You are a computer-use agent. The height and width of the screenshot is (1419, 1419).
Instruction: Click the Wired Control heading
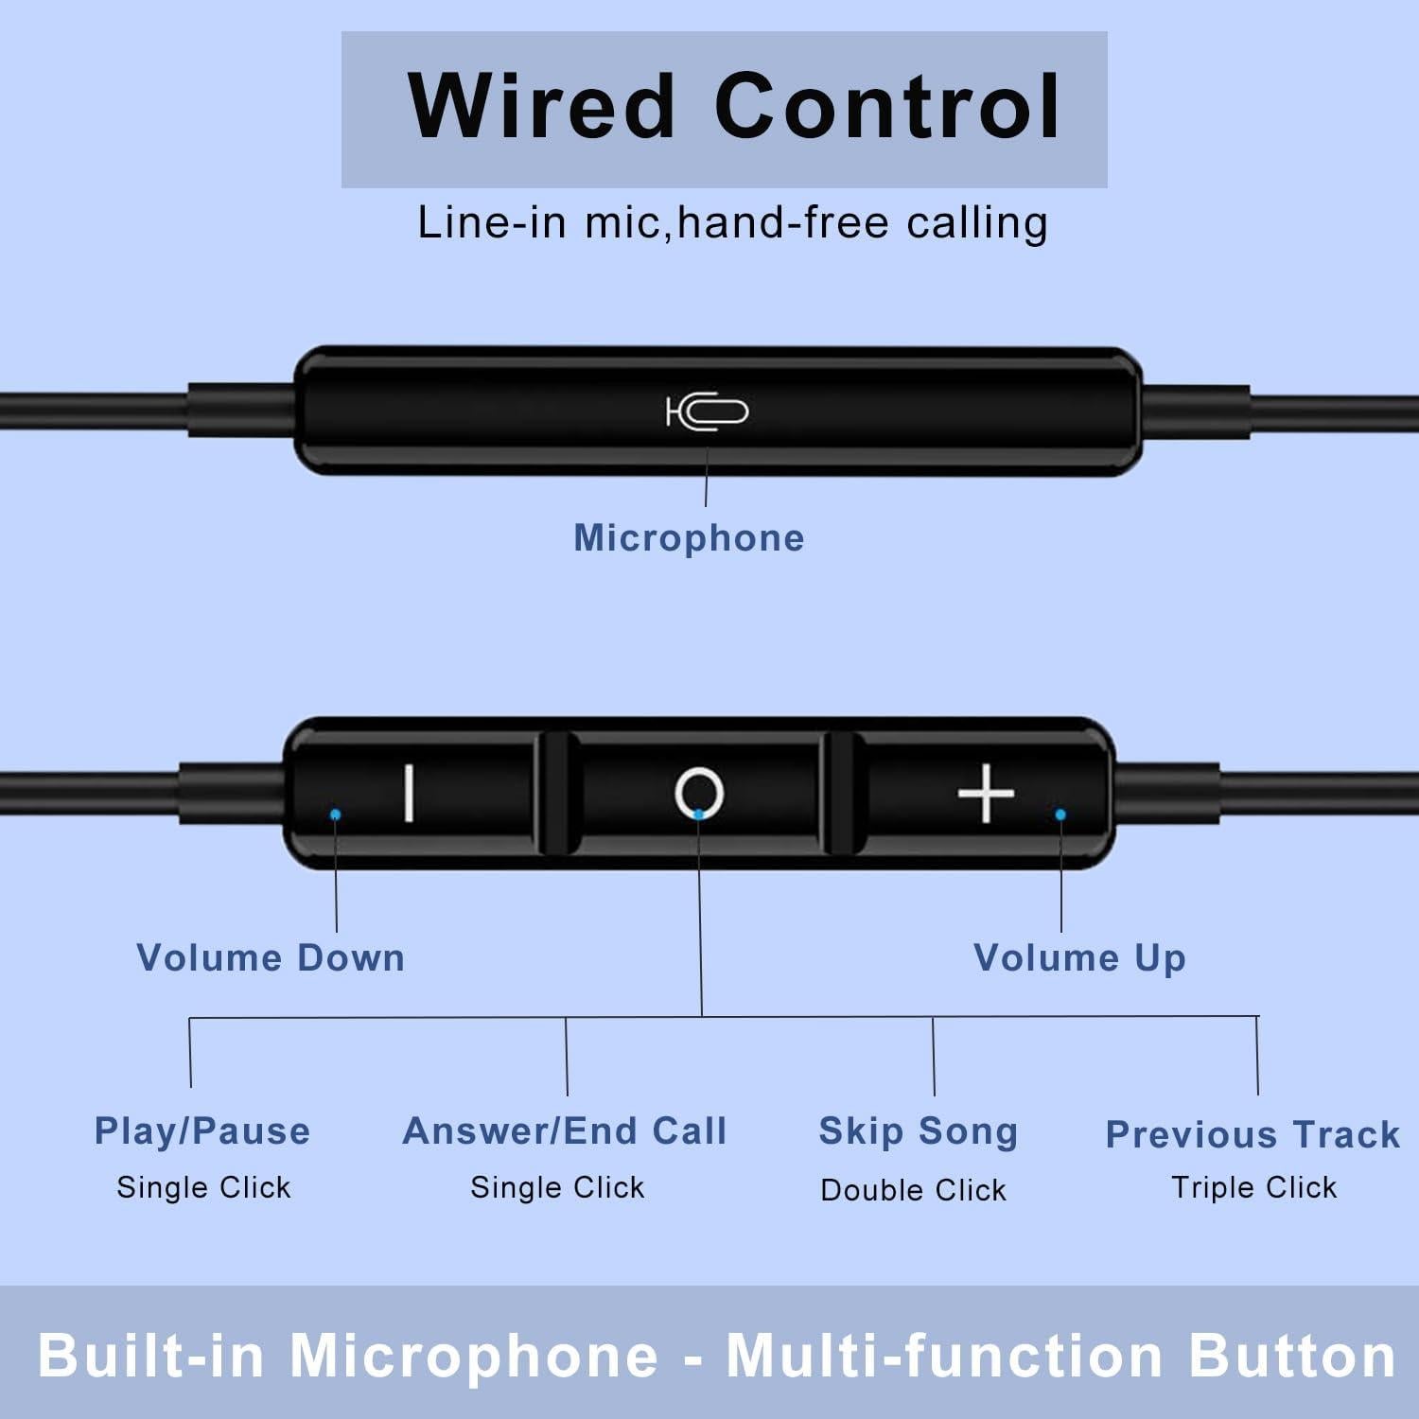733,107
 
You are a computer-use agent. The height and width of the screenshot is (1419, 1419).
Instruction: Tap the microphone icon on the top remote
707,412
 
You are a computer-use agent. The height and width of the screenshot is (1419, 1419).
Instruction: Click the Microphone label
689,537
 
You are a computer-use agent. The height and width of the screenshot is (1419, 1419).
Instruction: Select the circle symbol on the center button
699,793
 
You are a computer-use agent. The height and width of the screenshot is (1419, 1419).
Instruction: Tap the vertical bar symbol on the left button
409,793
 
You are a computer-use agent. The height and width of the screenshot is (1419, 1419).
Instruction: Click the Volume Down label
271,957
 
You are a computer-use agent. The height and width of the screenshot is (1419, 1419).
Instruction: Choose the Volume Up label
1079,957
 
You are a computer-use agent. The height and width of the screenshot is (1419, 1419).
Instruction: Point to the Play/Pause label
202,1131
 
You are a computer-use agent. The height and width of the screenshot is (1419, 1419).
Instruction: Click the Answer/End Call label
565,1131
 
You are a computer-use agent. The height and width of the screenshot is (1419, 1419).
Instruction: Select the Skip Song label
918,1131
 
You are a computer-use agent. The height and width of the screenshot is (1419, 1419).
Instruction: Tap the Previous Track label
1253,1134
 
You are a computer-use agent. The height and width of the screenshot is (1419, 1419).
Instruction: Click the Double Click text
913,1190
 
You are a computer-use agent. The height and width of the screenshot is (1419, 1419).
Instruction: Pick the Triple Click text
1253,1187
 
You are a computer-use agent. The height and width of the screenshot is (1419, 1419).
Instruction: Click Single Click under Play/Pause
203,1187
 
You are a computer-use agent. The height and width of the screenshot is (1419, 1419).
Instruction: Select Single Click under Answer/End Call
557,1187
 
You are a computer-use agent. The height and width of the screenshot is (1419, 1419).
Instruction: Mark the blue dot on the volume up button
1060,815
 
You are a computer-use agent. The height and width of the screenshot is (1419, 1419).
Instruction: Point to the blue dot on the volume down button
335,814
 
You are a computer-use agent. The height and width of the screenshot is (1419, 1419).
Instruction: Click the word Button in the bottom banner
1292,1356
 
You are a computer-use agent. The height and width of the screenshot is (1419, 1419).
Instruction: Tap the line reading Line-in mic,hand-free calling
732,223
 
